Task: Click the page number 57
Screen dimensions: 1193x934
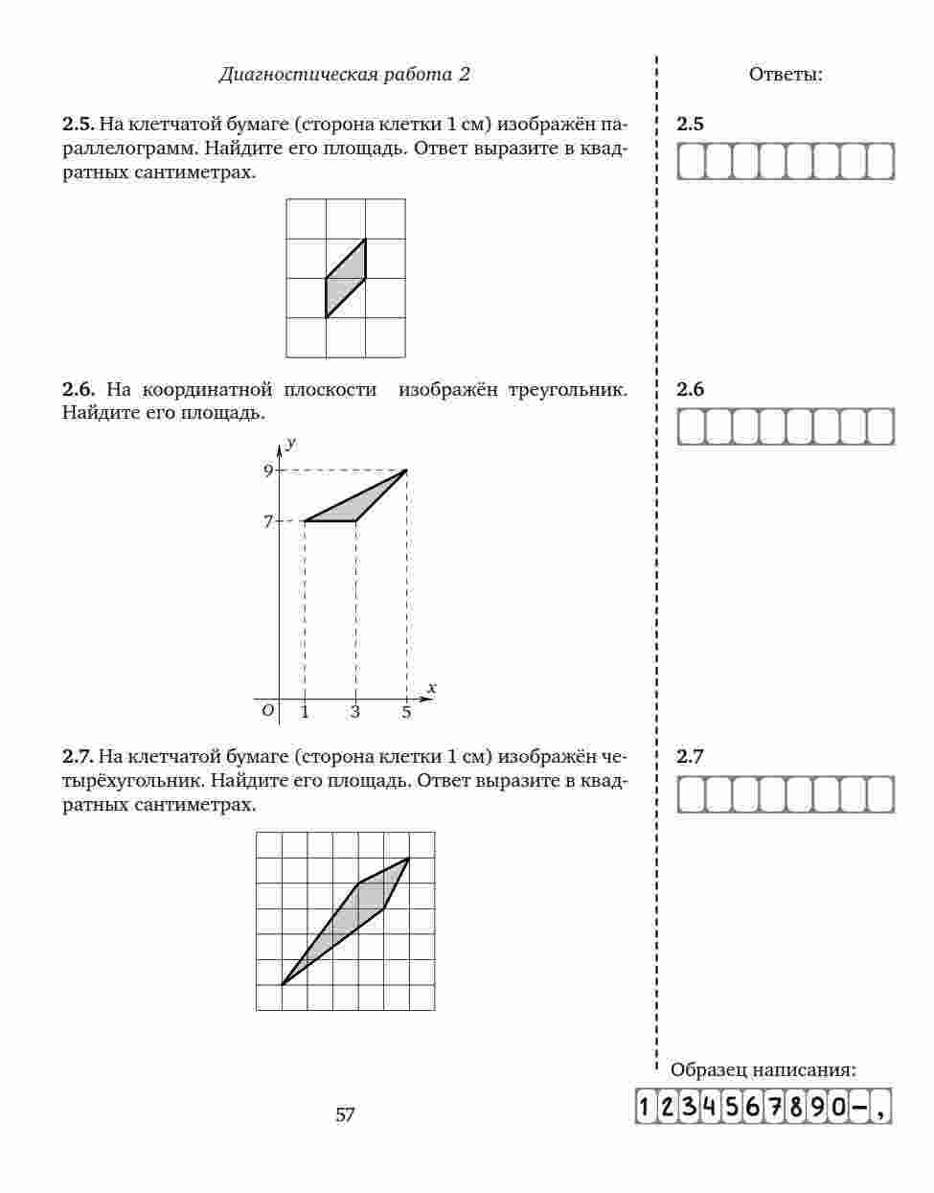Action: click(x=345, y=1114)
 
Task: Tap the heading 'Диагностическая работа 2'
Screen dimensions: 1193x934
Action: click(x=344, y=75)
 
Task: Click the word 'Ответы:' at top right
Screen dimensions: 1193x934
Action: click(x=786, y=75)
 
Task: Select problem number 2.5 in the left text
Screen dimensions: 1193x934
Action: click(x=78, y=124)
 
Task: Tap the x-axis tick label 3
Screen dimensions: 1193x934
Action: click(x=355, y=712)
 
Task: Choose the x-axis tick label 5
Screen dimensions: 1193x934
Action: click(x=406, y=712)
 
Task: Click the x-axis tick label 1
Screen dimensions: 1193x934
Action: click(x=305, y=712)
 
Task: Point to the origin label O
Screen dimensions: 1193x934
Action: click(x=267, y=710)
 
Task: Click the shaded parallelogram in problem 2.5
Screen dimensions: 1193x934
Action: click(x=346, y=278)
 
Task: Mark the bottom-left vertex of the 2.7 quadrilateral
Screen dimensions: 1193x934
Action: click(x=282, y=984)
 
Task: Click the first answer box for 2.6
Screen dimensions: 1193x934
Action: click(x=691, y=426)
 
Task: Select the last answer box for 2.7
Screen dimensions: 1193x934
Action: click(x=880, y=794)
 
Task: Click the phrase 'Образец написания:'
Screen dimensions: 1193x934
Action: click(x=763, y=1070)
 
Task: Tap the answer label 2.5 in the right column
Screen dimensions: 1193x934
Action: click(x=690, y=124)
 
